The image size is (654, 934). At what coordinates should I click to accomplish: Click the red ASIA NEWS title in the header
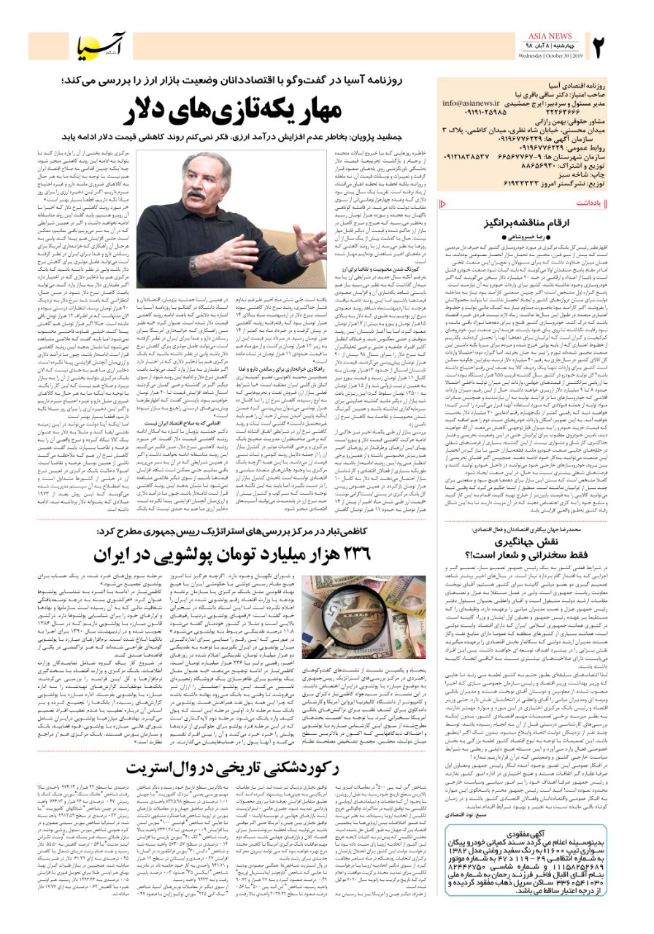555,35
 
